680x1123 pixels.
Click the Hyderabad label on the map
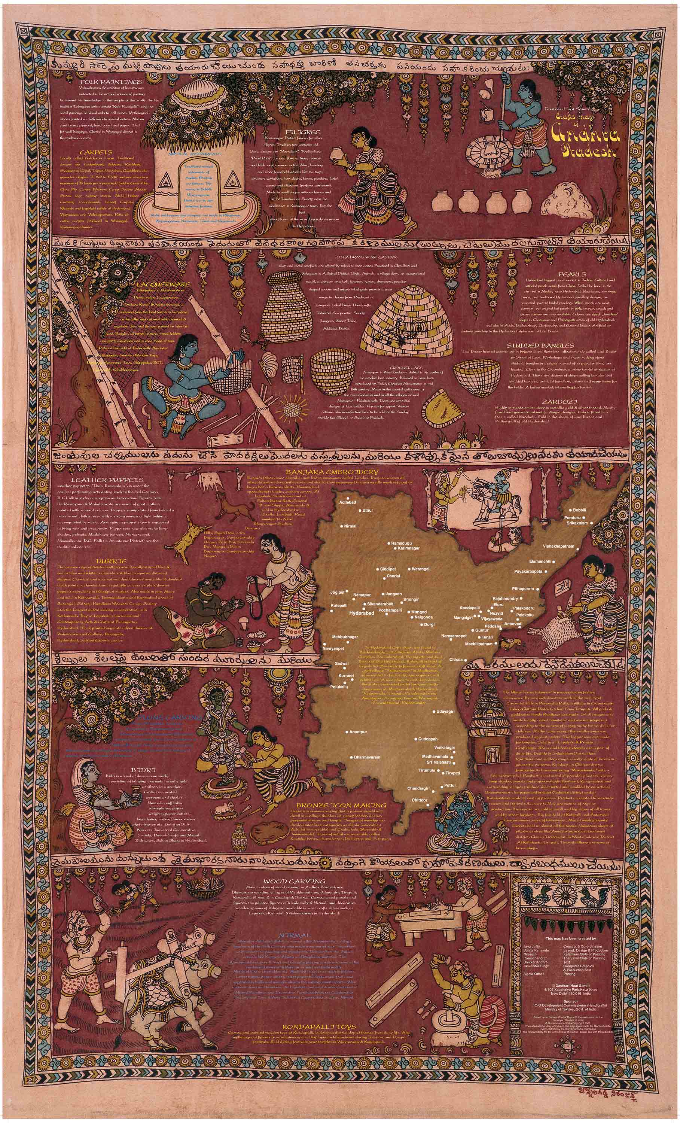(361, 613)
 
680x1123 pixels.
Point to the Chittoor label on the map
(419, 800)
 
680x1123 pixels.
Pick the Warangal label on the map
(420, 569)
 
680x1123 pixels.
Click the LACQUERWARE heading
(163, 284)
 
